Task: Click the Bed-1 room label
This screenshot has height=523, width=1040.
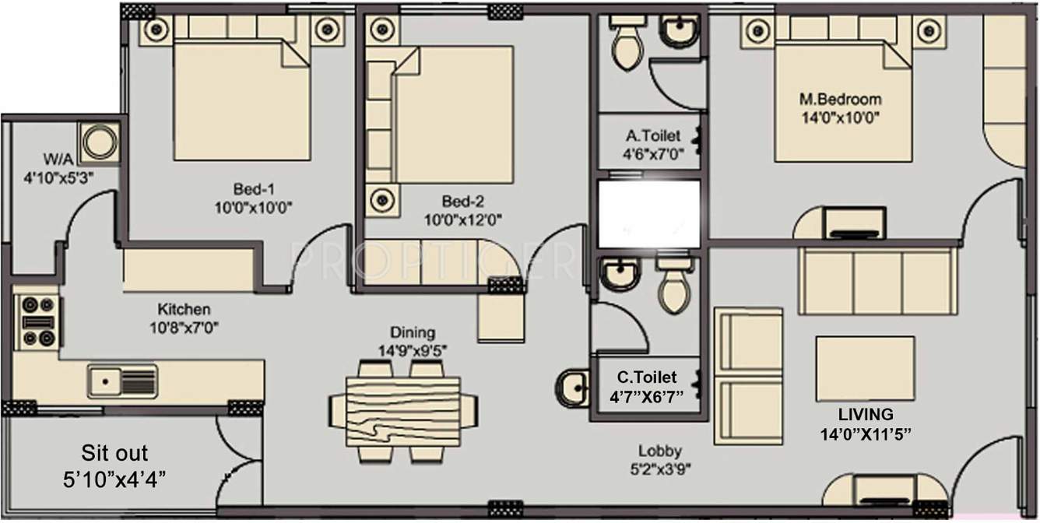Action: (x=254, y=188)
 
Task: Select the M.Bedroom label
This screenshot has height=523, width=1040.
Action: (x=841, y=100)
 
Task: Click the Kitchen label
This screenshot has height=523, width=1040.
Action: (x=184, y=308)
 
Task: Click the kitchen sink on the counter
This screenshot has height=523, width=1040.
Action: (x=122, y=381)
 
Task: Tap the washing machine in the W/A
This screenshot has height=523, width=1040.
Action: (x=100, y=143)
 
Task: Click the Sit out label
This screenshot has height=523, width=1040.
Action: (x=114, y=453)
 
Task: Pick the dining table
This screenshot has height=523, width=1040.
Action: (x=402, y=409)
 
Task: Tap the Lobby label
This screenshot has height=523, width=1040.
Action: (x=659, y=451)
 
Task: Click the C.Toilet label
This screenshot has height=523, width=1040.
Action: (x=647, y=377)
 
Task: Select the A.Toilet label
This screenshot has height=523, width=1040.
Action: (x=652, y=136)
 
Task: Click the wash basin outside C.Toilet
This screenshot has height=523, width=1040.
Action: (x=573, y=387)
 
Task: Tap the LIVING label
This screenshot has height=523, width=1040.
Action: (x=865, y=414)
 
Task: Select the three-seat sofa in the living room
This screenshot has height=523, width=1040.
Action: (x=877, y=281)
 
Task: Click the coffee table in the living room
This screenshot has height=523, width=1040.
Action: (x=865, y=368)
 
